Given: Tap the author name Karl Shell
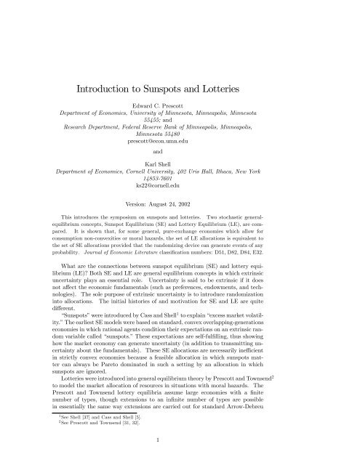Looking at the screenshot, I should point(180,166).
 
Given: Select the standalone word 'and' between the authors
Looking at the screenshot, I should point(180,153).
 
